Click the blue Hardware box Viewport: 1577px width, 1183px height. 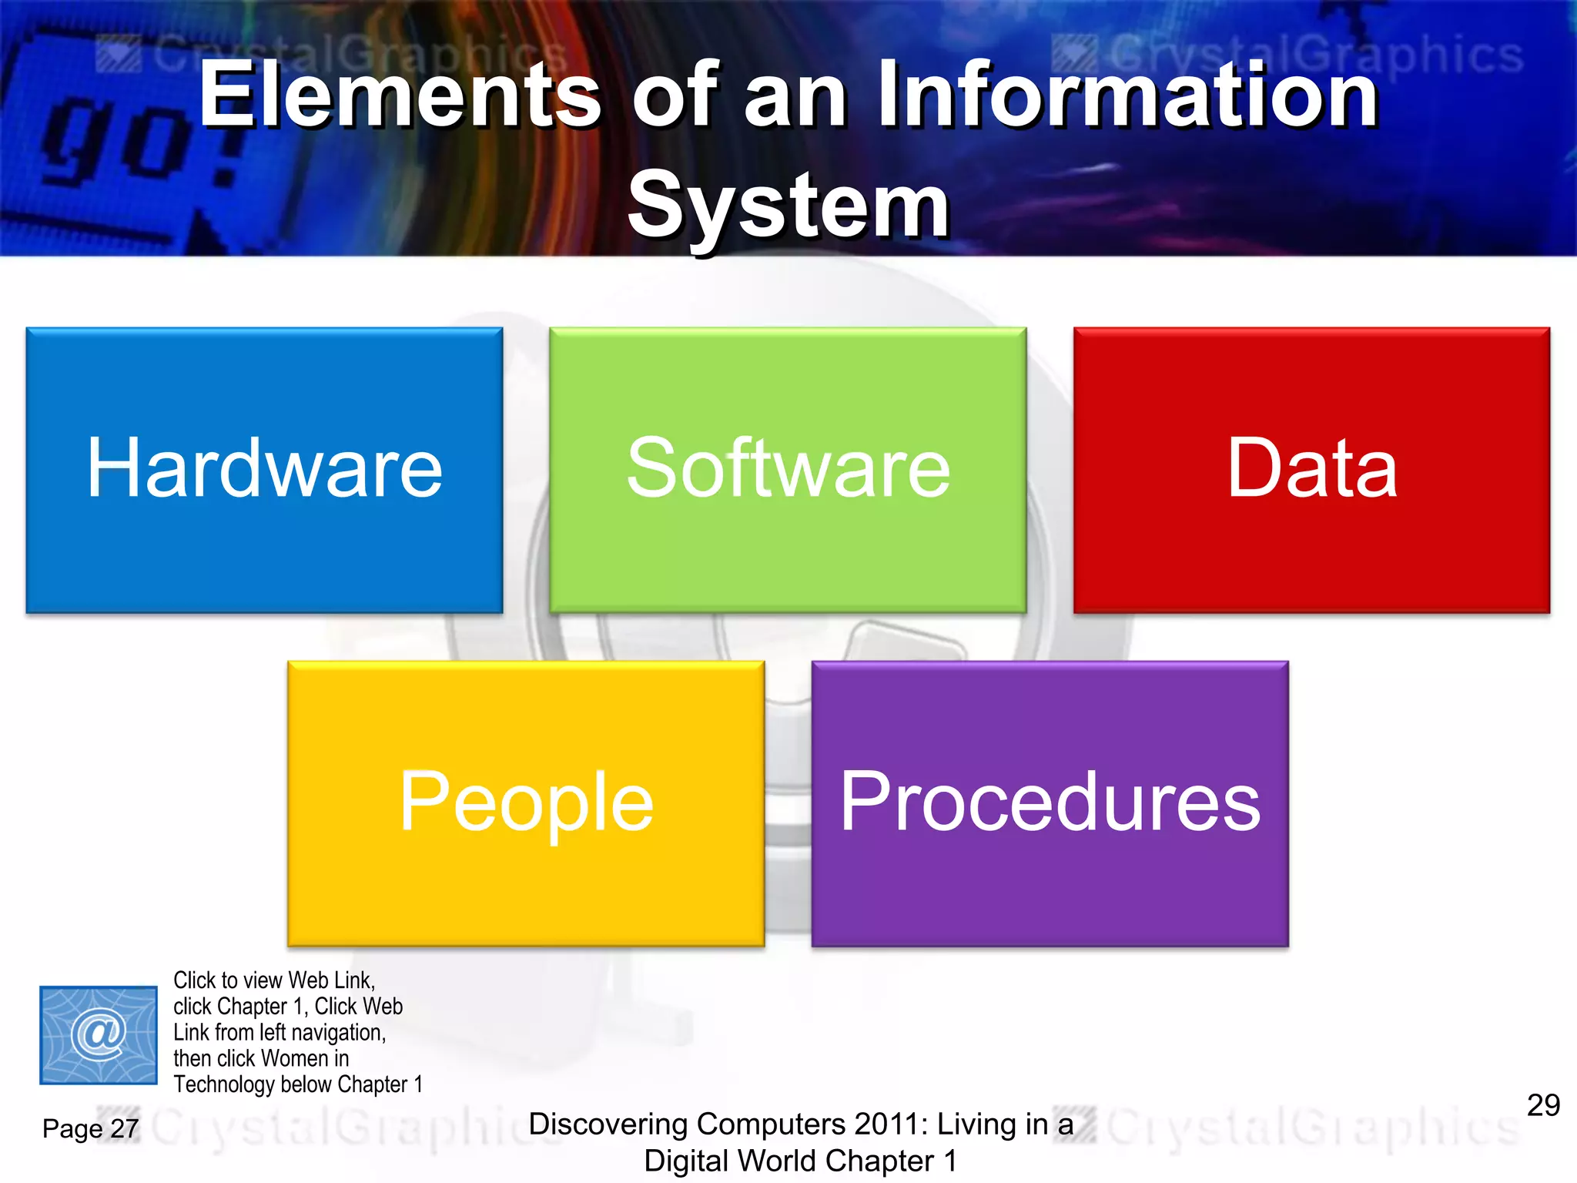pyautogui.click(x=264, y=470)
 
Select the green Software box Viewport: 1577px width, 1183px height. pyautogui.click(x=788, y=470)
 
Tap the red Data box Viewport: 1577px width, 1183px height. pyautogui.click(x=1311, y=470)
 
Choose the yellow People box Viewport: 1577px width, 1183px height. pyautogui.click(x=526, y=803)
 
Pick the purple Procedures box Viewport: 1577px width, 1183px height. pyautogui.click(x=1050, y=803)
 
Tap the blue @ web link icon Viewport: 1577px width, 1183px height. pyautogui.click(x=99, y=1034)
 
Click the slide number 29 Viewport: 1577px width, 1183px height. pyautogui.click(x=1543, y=1105)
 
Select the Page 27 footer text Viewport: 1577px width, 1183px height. pyautogui.click(x=90, y=1129)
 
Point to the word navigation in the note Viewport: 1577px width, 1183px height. pyautogui.click(x=339, y=1033)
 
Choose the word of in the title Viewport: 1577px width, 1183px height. pyautogui.click(x=675, y=96)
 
